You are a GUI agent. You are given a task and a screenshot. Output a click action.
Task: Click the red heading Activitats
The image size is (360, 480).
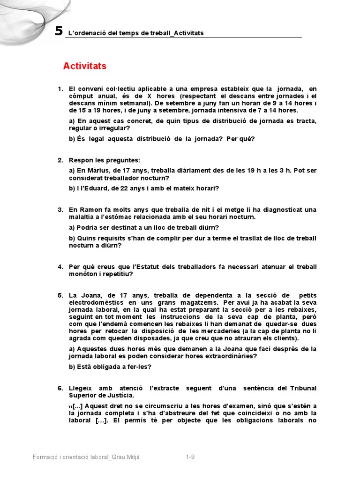pyautogui.click(x=85, y=66)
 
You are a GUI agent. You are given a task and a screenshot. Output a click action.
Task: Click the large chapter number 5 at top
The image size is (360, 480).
pyautogui.click(x=59, y=31)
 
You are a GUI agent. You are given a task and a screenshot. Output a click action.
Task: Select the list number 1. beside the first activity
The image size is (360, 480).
pyautogui.click(x=60, y=89)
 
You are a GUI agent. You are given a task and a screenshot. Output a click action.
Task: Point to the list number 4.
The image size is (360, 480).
pyautogui.click(x=60, y=267)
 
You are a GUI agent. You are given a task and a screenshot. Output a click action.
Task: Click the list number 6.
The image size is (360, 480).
pyautogui.click(x=60, y=388)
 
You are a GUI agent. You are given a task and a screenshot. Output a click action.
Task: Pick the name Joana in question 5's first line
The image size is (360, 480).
pyautogui.click(x=93, y=295)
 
